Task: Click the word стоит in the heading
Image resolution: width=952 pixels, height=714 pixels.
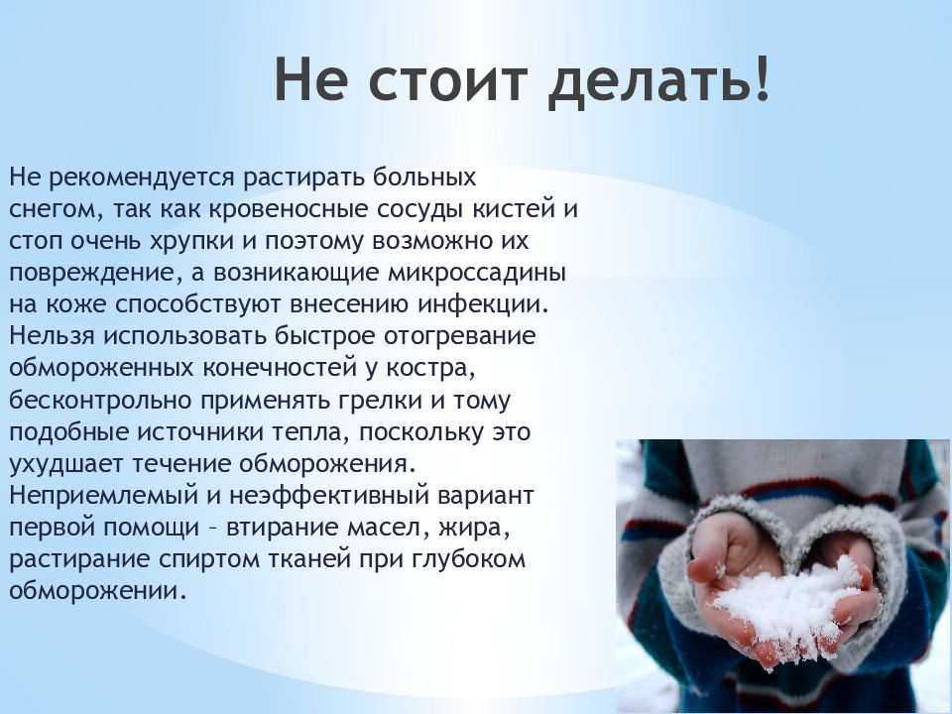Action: (445, 79)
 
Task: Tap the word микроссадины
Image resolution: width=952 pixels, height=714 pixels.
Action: (477, 272)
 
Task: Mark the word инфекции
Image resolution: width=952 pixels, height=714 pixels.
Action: (483, 304)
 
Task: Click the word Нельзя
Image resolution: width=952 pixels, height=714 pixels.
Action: (52, 336)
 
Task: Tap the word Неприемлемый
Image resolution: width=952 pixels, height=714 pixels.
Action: (104, 496)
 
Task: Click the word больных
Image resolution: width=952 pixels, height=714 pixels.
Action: (424, 178)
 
